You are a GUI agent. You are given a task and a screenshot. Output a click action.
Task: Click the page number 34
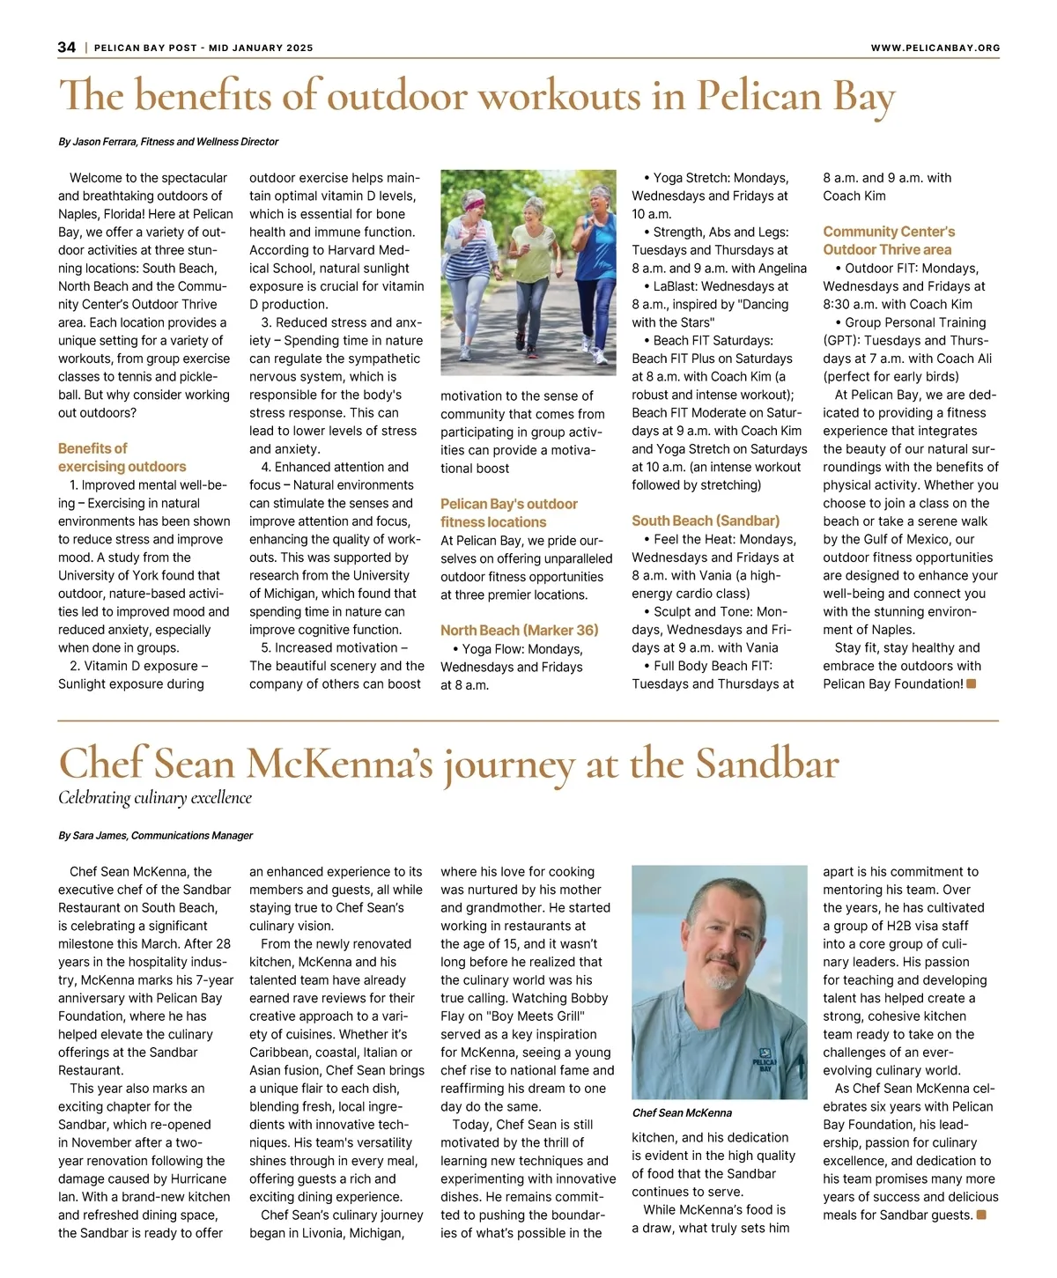(67, 48)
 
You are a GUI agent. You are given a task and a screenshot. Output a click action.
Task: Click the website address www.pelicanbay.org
(935, 48)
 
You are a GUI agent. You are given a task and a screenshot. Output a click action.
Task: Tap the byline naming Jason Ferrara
(168, 142)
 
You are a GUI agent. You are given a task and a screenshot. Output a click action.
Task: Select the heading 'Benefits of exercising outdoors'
(122, 457)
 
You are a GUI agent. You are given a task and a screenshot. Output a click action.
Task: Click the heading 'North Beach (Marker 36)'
(519, 630)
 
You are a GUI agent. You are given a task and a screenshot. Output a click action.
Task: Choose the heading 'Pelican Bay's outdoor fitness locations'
(509, 513)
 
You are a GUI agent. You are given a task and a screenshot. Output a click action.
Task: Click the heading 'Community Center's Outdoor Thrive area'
(888, 240)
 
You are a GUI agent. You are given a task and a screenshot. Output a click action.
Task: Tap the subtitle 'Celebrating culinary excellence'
(155, 798)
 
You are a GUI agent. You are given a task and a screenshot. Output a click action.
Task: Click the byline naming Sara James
(155, 835)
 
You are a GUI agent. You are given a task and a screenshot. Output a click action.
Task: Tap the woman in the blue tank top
(598, 264)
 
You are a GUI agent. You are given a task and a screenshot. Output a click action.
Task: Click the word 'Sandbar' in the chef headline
(766, 763)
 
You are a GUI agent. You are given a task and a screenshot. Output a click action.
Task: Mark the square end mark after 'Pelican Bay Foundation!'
(972, 683)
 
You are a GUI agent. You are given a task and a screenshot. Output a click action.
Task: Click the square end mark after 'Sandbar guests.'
(981, 1215)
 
